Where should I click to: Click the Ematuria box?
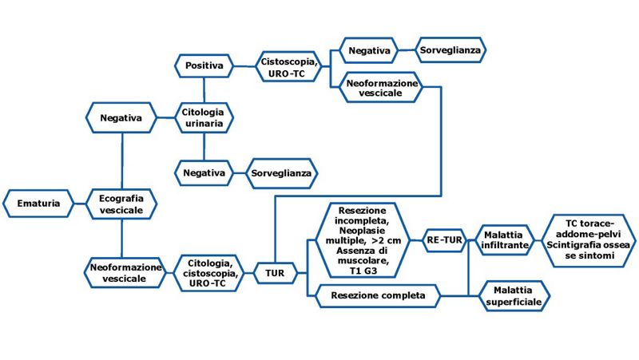38,204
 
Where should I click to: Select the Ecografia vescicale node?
121,204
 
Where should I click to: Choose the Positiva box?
204,65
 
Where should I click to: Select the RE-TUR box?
443,239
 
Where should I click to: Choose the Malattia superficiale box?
516,296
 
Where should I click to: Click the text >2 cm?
387,239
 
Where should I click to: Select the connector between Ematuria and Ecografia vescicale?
78,204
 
